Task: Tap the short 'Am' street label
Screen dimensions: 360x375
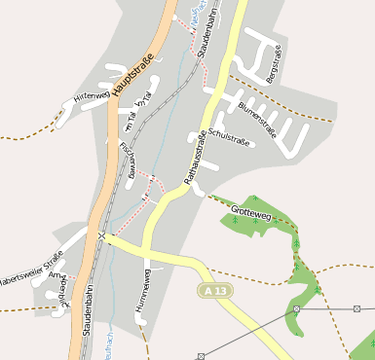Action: tap(54, 275)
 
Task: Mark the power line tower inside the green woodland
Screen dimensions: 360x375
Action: tap(296, 308)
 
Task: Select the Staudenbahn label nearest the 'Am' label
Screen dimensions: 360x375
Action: tap(87, 311)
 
